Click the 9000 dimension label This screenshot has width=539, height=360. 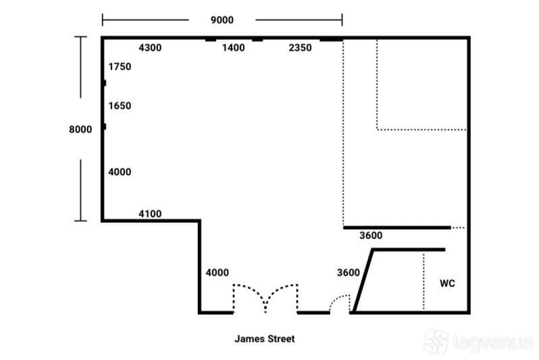pos(222,20)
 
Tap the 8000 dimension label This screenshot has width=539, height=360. pos(80,129)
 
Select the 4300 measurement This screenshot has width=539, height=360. pos(150,47)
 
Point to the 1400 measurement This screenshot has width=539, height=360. pos(234,47)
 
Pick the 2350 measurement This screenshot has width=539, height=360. pos(300,47)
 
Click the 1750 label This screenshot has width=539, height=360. pos(120,66)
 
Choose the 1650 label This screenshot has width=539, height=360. pos(120,105)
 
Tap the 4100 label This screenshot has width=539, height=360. pos(150,213)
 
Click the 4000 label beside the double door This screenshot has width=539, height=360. pos(217,272)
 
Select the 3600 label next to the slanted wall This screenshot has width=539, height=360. pos(349,272)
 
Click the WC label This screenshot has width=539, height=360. pos(447,283)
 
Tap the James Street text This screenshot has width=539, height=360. pos(265,338)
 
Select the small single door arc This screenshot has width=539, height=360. pos(338,297)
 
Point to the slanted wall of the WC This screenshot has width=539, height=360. pos(363,280)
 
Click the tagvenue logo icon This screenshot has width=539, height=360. pos(436,341)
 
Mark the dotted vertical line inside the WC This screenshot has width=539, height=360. pos(423,281)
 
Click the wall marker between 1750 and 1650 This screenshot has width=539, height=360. pos(104,83)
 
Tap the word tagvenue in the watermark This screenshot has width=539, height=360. pos(493,342)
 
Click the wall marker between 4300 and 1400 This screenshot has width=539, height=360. pos(211,40)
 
